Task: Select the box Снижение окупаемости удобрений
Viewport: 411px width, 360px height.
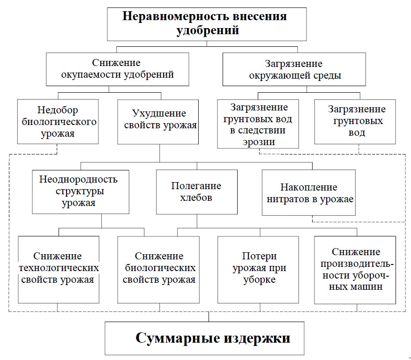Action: tap(117, 69)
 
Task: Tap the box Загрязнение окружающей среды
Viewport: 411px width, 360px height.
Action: tap(294, 69)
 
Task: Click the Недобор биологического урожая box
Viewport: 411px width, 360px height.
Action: tap(58, 122)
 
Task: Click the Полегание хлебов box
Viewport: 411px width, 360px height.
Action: tap(196, 191)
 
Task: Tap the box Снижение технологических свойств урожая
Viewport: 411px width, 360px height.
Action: tap(59, 269)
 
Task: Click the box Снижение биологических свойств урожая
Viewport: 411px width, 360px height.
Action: tap(158, 269)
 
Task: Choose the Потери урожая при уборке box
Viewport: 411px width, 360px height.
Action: tap(259, 269)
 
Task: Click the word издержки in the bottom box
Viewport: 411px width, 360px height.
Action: tap(253, 338)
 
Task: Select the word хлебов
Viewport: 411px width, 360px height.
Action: tap(196, 198)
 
